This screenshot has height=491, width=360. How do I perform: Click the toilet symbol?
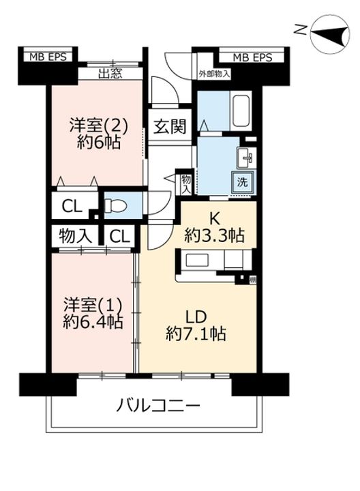click(x=115, y=206)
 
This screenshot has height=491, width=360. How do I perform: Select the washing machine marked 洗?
click(x=242, y=182)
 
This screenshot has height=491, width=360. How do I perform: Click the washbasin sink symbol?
click(x=246, y=158)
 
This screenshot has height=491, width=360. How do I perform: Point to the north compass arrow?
click(x=329, y=33)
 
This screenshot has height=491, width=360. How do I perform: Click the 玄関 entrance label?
click(x=170, y=127)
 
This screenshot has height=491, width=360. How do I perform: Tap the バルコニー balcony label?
click(x=158, y=406)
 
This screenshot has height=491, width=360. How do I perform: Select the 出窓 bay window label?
click(x=110, y=74)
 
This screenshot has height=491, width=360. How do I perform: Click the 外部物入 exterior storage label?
click(x=215, y=74)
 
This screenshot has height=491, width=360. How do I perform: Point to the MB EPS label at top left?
click(x=48, y=57)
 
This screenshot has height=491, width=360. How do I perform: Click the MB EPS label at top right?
click(x=253, y=57)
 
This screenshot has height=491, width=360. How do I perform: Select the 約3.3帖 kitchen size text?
click(x=215, y=235)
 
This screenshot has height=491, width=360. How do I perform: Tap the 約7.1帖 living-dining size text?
click(x=196, y=333)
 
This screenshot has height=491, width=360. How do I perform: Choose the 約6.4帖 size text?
click(x=93, y=322)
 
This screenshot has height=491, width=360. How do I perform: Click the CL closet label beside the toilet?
click(x=72, y=206)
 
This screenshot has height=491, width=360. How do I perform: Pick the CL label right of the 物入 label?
click(x=119, y=237)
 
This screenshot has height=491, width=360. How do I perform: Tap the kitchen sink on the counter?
click(x=198, y=260)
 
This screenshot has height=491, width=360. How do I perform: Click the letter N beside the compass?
click(x=301, y=29)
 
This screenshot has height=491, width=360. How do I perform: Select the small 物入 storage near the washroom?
click(x=186, y=184)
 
